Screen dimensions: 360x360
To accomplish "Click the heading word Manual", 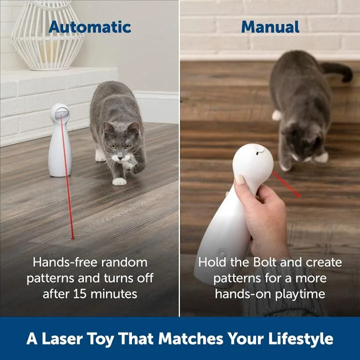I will tap(270, 26).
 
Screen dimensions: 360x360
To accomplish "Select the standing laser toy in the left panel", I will tap(60, 142).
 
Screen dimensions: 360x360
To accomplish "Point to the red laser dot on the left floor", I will tap(73, 237).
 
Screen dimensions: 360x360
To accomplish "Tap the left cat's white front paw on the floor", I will tap(119, 181).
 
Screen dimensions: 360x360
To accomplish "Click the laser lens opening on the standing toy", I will tap(61, 113).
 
